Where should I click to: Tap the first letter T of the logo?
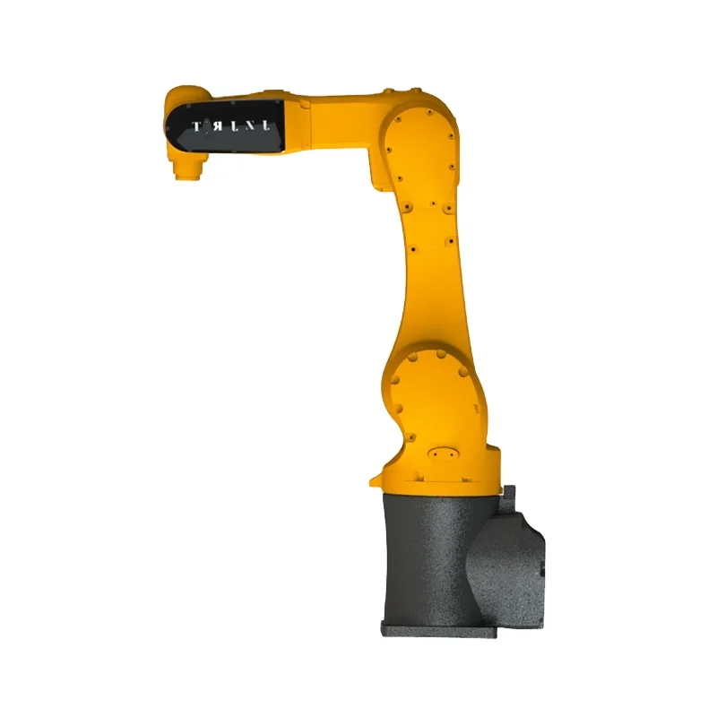click(195, 125)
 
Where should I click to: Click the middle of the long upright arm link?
click(430, 260)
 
